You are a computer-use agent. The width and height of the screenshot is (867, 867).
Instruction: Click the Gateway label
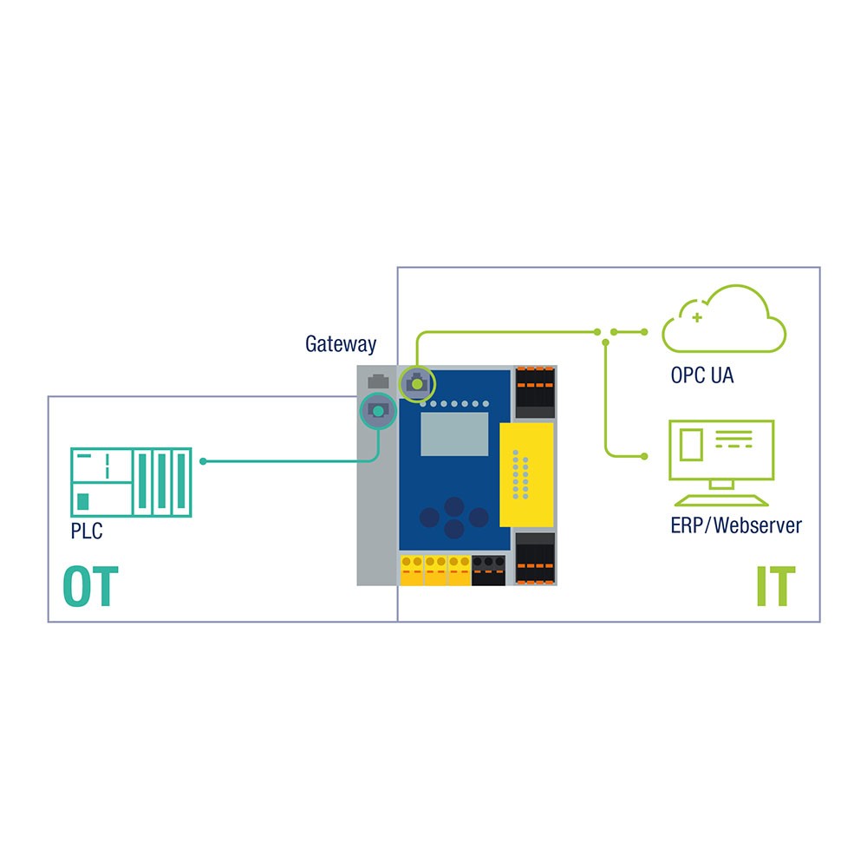341,344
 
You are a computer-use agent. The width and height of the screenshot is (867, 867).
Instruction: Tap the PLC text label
87,531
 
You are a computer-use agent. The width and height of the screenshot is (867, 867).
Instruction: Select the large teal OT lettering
89,587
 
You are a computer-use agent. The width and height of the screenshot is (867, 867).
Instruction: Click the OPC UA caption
702,376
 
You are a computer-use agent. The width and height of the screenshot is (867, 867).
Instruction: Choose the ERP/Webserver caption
736,525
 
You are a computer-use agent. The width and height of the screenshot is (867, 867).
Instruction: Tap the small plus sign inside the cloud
696,318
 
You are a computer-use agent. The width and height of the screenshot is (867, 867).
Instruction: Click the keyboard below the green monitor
721,500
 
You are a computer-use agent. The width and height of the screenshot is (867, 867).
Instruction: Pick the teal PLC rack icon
130,482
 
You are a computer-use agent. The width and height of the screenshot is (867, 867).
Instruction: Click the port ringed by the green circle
417,382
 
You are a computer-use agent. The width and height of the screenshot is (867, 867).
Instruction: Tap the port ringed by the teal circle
378,410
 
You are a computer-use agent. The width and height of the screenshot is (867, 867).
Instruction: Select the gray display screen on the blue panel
455,434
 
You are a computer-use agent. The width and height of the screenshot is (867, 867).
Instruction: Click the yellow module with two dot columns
526,474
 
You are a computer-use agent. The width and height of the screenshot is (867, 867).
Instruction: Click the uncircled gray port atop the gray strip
378,380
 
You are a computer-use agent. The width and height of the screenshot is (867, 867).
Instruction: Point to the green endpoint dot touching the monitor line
643,456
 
